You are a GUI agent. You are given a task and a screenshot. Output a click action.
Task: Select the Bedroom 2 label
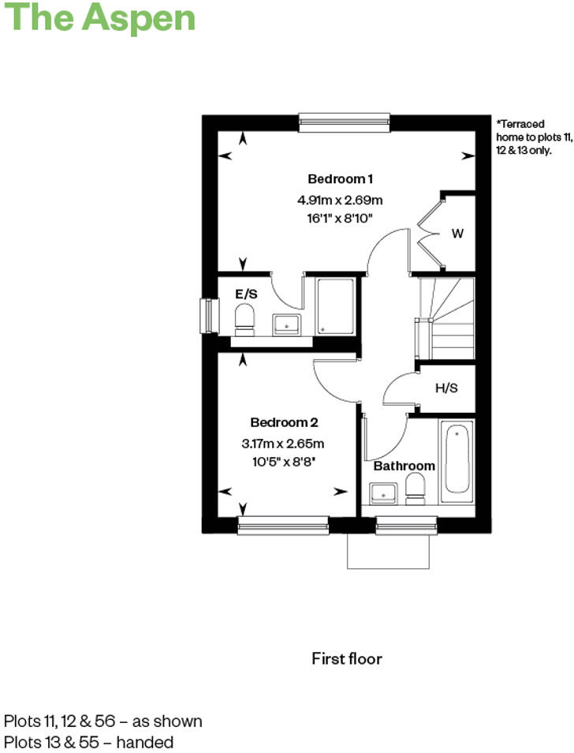click(284, 422)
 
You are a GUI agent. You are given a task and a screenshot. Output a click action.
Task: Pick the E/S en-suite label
click(247, 294)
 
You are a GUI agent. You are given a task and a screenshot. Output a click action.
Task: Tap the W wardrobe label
click(457, 234)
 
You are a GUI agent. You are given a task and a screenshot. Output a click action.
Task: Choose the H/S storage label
click(446, 388)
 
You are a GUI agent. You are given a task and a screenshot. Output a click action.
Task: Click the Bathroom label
click(404, 466)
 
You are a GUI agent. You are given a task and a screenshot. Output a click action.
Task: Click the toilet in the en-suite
click(245, 320)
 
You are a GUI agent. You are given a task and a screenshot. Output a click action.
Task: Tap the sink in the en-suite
click(285, 324)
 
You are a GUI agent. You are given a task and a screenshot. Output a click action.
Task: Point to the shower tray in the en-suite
click(336, 305)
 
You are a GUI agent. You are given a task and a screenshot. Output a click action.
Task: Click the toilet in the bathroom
click(415, 489)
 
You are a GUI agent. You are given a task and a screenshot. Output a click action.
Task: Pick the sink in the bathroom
click(384, 493)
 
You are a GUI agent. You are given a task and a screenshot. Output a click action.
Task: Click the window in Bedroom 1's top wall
click(345, 122)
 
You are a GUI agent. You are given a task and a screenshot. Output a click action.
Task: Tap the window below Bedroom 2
click(283, 526)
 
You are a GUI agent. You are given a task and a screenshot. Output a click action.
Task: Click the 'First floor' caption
click(346, 658)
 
